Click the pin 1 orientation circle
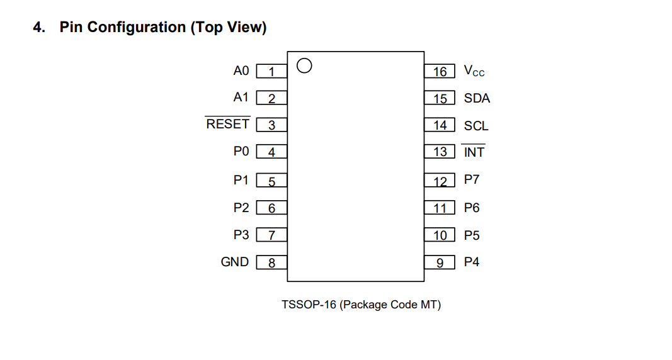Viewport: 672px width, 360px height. pyautogui.click(x=304, y=59)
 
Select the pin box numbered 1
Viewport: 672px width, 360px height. pyautogui.click(x=271, y=71)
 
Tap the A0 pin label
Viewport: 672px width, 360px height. pyautogui.click(x=241, y=70)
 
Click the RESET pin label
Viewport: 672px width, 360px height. pyautogui.click(x=227, y=123)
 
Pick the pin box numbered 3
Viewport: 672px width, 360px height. pyautogui.click(x=271, y=125)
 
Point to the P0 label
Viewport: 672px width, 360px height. pyautogui.click(x=241, y=151)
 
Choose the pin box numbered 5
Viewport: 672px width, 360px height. pyautogui.click(x=271, y=181)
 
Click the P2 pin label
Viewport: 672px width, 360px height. pyautogui.click(x=241, y=208)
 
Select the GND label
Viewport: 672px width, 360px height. pyautogui.click(x=234, y=262)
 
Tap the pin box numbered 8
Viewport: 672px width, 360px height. pyautogui.click(x=271, y=262)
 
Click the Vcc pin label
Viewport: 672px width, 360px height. pyautogui.click(x=474, y=71)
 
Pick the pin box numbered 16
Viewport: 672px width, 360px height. pyautogui.click(x=440, y=71)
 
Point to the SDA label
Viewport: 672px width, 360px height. pyautogui.click(x=477, y=98)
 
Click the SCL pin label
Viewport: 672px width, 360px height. pyautogui.click(x=476, y=125)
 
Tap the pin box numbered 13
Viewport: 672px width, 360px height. pyautogui.click(x=440, y=152)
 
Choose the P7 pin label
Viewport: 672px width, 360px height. pyautogui.click(x=472, y=179)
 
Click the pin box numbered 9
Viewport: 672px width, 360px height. pyautogui.click(x=440, y=262)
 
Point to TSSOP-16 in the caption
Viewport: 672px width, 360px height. pyautogui.click(x=309, y=305)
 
